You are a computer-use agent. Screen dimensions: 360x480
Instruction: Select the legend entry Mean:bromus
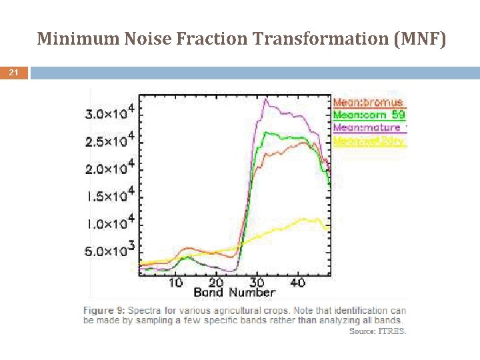(368, 102)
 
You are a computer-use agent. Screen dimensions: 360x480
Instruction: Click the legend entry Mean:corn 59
(369, 115)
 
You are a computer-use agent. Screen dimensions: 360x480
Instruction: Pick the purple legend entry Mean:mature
(368, 127)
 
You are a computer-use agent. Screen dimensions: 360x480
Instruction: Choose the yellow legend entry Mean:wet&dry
(369, 141)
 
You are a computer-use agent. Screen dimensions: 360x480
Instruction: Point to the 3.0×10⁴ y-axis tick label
(110, 113)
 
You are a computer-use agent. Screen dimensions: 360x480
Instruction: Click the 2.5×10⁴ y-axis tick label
(110, 141)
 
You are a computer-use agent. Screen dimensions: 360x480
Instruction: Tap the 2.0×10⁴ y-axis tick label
(110, 168)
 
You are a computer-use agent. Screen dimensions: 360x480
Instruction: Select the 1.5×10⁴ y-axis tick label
(110, 195)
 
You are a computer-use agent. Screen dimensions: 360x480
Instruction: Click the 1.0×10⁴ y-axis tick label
(110, 223)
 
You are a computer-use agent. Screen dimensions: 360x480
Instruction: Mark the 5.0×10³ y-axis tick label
(110, 251)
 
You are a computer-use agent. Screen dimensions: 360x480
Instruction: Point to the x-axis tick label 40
(298, 283)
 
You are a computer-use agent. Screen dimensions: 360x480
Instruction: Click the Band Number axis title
(234, 293)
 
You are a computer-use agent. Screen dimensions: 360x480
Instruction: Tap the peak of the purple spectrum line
(266, 99)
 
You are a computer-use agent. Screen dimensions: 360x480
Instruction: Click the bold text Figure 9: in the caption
(104, 310)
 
